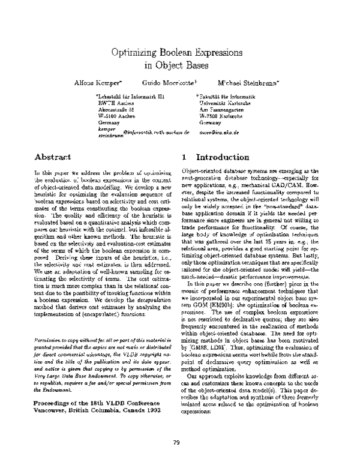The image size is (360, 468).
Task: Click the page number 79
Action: click(176, 443)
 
